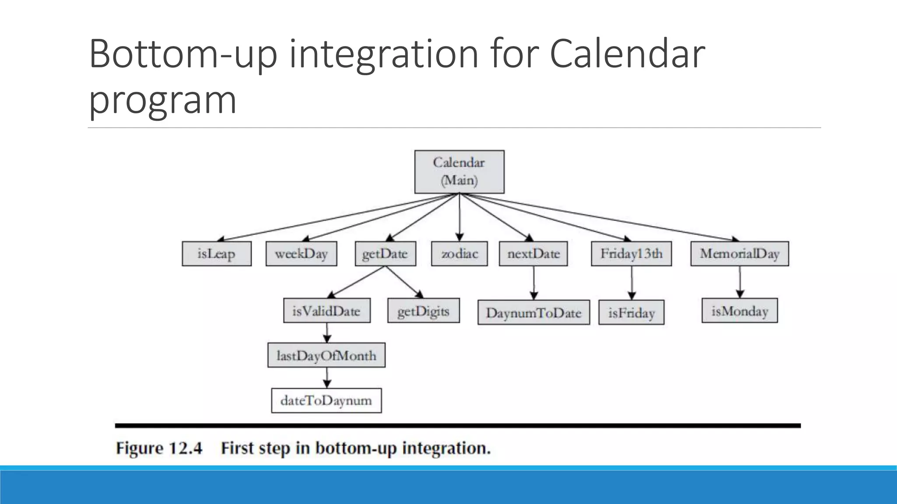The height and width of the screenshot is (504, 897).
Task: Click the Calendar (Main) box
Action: pos(459,171)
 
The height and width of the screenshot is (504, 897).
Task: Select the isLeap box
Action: pos(216,254)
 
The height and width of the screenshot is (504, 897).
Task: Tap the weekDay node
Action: pos(301,254)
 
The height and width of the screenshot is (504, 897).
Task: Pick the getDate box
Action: pos(385,254)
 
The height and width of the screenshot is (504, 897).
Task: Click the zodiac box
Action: pos(459,254)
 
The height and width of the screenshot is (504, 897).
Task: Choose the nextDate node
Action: pos(533,254)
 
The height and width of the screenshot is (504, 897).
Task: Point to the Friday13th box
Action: pos(631,254)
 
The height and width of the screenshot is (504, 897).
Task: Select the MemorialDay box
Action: pos(739,254)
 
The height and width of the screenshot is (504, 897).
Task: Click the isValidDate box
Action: pos(327,311)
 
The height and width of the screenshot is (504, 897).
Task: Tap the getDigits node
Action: pos(423,311)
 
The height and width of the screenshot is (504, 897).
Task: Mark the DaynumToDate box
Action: pos(533,312)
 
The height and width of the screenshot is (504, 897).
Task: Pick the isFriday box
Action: pos(631,312)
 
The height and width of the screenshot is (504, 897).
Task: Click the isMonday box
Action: pos(739,311)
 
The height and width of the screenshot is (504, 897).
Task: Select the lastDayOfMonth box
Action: pos(326,355)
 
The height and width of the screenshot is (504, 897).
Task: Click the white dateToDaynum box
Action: pos(326,400)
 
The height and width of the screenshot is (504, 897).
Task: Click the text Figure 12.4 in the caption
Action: pos(159,448)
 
